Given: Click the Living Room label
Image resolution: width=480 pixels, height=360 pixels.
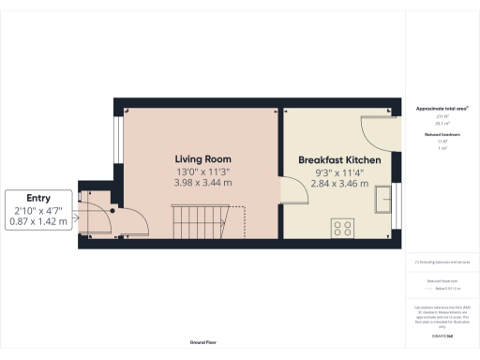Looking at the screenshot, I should tap(202, 159).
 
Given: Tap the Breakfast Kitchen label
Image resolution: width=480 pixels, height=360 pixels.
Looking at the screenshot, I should tap(339, 161).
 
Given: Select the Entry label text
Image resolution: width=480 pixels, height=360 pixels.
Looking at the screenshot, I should tap(38, 198).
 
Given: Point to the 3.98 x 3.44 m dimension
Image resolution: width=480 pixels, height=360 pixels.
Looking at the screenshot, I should tap(202, 183).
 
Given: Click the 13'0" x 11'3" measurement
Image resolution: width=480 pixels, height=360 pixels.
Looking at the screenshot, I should tap(202, 172).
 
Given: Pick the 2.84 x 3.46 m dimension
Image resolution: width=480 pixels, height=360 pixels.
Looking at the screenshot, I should tap(339, 186).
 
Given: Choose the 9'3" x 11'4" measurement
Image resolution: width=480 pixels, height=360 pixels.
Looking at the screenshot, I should tap(339, 173).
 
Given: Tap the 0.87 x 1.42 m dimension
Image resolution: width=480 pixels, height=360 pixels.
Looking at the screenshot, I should tap(38, 221).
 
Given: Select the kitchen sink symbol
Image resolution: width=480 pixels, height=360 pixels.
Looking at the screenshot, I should tap(383, 201).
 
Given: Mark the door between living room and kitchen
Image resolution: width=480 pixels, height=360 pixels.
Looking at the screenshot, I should tap(292, 194).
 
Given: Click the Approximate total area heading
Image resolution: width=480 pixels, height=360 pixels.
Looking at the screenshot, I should tap(442, 110).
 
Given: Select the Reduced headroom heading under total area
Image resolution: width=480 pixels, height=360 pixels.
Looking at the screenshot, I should tap(442, 135).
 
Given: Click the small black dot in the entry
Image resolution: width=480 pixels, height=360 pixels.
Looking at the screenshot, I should tap(112, 210).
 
